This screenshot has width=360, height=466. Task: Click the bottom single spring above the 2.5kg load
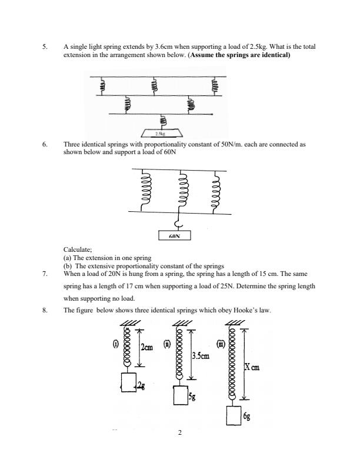(163, 121)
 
